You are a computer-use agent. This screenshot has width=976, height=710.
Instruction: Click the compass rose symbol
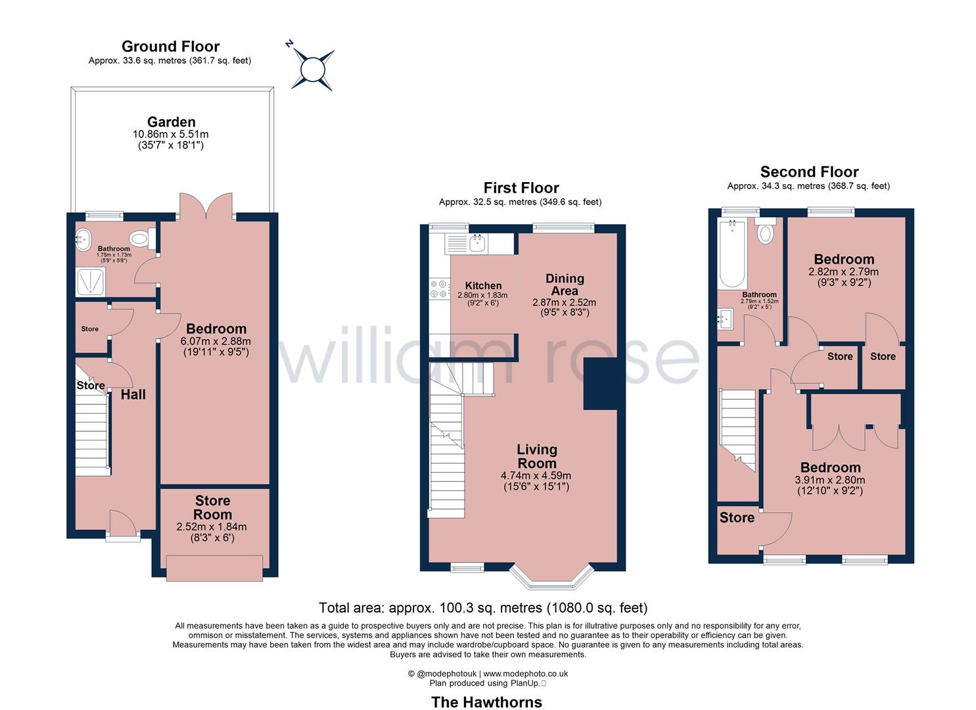313,68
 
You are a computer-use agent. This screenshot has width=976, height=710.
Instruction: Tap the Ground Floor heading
170,46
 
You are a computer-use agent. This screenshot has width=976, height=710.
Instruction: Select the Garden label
171,122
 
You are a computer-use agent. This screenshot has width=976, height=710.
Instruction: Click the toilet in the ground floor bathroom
141,239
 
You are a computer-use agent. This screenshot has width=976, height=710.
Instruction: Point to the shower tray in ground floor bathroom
91,281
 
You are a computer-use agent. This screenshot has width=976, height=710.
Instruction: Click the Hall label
133,394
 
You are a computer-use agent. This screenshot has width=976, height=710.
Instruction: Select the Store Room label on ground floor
212,508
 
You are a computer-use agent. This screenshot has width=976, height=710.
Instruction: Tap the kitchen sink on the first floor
477,243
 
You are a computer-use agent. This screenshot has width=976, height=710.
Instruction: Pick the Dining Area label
565,285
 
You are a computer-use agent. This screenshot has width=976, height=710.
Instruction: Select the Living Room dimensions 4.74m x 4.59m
536,475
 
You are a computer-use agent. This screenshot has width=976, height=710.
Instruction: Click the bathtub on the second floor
732,254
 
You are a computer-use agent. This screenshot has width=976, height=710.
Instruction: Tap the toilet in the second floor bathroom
766,233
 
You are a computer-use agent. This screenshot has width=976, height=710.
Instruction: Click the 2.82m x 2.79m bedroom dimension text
843,272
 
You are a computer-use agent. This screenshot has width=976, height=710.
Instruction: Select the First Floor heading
521,188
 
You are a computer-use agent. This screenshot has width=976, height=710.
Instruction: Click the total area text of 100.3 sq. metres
483,607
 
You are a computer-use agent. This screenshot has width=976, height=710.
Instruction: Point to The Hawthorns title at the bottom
486,702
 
